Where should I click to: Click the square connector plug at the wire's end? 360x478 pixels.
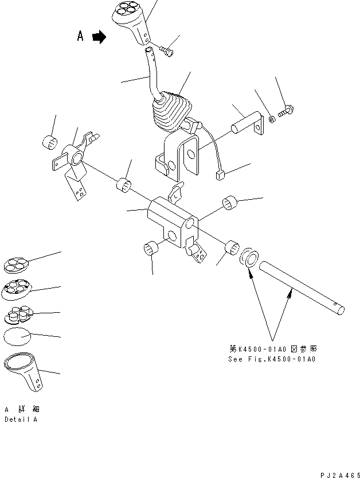tap(220, 174)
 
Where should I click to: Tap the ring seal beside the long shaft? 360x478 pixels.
tap(250, 258)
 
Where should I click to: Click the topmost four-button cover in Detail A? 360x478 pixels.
tap(17, 264)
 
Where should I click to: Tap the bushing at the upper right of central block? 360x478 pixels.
tap(230, 203)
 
